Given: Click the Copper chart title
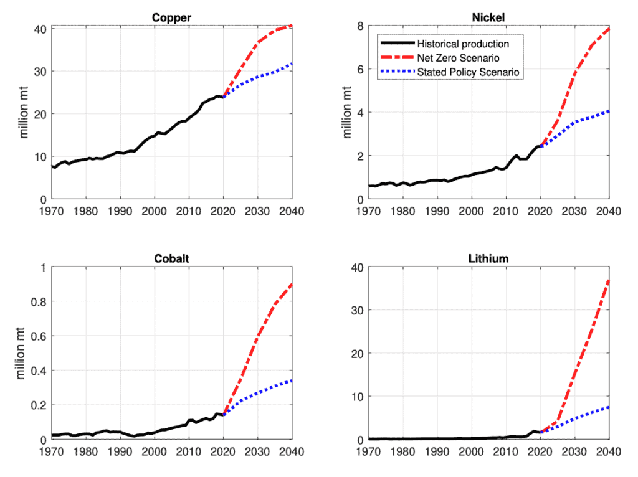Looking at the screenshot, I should click(x=171, y=17).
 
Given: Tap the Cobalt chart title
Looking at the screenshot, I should click(x=171, y=259).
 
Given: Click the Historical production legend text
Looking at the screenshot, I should click(x=463, y=44).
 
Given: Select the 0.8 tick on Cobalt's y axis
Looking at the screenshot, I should click(x=36, y=302).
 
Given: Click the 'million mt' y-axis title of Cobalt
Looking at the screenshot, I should click(x=21, y=353).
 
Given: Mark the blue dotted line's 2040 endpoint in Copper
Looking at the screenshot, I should click(x=292, y=64).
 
